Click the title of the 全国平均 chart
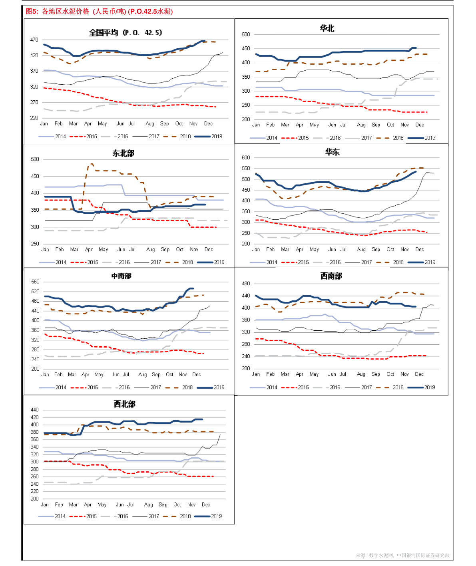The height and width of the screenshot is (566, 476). click(125, 33)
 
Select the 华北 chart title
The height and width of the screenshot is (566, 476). click(327, 28)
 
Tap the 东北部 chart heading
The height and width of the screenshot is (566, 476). click(123, 153)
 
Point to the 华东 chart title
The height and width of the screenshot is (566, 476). click(333, 152)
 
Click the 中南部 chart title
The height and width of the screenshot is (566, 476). click(121, 276)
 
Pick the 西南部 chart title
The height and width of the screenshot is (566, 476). click(331, 276)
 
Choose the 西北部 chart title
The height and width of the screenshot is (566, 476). click(125, 404)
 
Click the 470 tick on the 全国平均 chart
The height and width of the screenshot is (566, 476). click(34, 40)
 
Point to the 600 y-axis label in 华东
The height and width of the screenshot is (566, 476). click(246, 158)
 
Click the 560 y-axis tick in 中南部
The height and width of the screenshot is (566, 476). click(36, 282)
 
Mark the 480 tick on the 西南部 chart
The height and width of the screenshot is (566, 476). click(246, 284)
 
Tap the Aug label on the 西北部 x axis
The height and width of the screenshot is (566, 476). click(148, 504)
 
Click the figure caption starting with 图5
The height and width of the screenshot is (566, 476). click(99, 12)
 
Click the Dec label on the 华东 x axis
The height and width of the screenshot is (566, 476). click(419, 249)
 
